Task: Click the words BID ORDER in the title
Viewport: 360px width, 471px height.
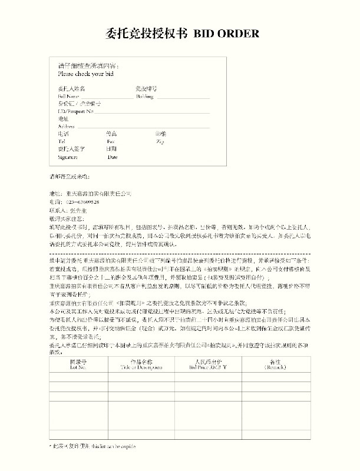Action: [x=226, y=34]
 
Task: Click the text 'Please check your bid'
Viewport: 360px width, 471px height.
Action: [x=85, y=75]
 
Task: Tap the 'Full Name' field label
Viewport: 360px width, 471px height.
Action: [x=68, y=96]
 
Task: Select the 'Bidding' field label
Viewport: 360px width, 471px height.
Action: [x=144, y=96]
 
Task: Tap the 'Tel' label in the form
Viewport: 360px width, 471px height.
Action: [x=61, y=142]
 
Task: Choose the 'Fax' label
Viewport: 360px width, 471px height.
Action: [x=111, y=142]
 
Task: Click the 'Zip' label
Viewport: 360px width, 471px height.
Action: [x=160, y=142]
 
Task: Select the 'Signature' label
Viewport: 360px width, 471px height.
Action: [x=68, y=157]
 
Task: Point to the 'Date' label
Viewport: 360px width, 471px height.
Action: [x=113, y=157]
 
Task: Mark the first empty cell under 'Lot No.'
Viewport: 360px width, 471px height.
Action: [x=78, y=378]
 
